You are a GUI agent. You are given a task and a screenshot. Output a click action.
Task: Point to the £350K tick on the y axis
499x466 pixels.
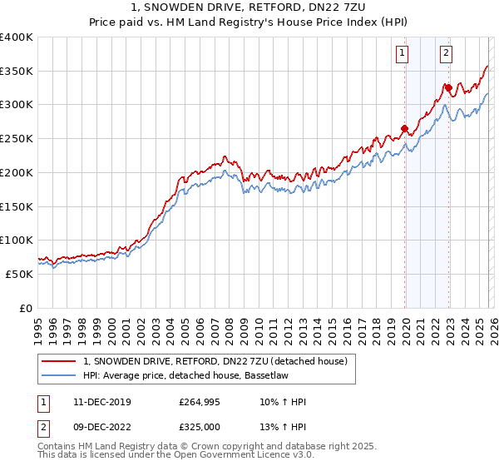17,72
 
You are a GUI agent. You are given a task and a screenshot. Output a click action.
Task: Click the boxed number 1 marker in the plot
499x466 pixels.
403,53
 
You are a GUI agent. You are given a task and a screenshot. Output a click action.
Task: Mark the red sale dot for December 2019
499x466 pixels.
405,128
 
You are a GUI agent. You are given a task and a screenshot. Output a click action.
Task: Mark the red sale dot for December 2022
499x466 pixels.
448,87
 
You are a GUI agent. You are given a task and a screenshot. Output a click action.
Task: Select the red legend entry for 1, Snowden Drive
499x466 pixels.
220,360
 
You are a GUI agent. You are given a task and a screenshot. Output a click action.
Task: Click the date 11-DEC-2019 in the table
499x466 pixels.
96,402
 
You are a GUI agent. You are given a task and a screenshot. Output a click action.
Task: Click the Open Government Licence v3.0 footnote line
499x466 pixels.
176,456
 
